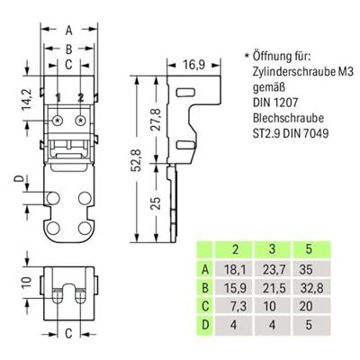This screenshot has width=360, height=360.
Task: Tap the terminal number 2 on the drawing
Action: coord(80,96)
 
